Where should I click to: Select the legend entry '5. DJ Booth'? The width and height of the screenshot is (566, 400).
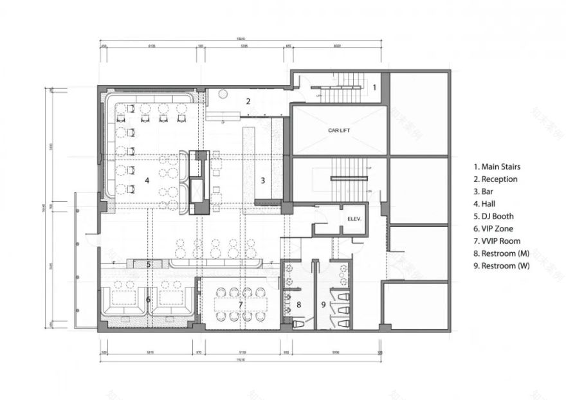pos(494,216)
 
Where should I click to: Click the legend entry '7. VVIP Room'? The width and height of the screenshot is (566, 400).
pos(497,241)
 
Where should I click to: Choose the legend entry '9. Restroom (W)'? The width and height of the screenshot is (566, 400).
pos(503,265)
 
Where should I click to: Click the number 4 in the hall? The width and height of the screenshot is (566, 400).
pos(147,181)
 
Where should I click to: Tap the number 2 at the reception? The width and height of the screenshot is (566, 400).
pos(247,101)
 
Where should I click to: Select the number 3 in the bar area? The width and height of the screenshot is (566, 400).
pos(262,180)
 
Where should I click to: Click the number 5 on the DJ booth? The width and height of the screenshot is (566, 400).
pos(148,264)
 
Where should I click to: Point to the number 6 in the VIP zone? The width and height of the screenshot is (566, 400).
pos(148,299)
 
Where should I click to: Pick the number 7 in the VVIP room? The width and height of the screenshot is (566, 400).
pos(241,304)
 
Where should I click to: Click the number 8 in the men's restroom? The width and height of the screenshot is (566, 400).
pos(298,304)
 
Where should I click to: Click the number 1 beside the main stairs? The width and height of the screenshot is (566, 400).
pos(373,86)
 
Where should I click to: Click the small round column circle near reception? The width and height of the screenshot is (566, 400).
pos(223,95)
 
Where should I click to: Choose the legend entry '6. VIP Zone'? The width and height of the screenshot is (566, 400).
pos(494,228)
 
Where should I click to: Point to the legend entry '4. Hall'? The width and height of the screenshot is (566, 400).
pos(485,204)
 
